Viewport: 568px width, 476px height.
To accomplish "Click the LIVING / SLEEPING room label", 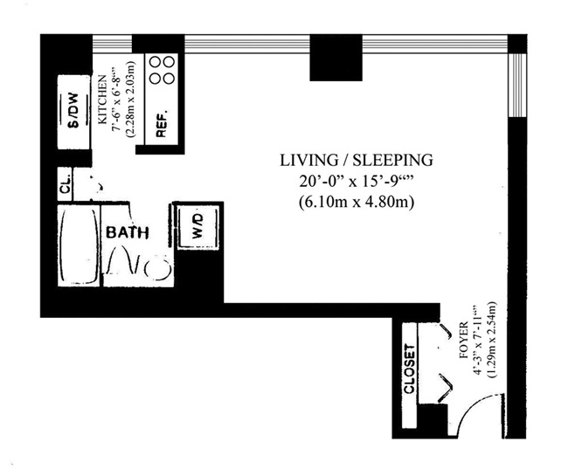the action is pos(357,160).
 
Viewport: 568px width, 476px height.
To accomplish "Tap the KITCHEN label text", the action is pos(103,100).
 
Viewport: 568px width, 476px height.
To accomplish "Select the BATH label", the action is pos(128,232).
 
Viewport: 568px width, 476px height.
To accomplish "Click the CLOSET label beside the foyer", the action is pos(409,369).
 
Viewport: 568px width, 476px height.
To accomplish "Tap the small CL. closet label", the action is pos(66,184).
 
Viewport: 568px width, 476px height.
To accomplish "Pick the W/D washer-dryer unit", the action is pos(197,226).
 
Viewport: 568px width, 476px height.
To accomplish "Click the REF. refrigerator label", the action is pos(162,123).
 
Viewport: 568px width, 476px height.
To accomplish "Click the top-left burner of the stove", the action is pos(156,62).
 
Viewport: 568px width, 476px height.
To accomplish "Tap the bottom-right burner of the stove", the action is pos(169,78).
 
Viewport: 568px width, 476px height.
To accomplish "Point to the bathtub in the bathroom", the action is pos(80,245).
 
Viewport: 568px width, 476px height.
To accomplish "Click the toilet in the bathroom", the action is pos(157,268).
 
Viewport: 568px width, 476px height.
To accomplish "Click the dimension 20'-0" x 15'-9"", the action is pos(357,181).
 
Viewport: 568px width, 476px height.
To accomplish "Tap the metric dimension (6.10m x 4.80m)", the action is pos(357,202).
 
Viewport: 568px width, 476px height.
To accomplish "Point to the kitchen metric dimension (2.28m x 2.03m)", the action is pos(129,99).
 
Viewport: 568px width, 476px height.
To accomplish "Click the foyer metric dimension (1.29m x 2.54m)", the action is pos(492,341).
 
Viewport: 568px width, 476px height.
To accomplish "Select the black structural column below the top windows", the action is pos(336,58).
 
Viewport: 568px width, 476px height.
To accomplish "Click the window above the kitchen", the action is pos(113,44).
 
